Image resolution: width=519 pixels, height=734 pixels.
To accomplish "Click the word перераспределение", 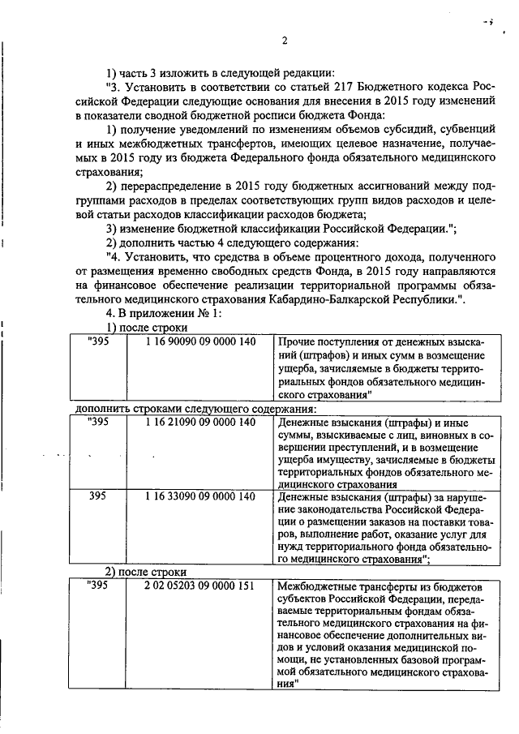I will click(172, 185).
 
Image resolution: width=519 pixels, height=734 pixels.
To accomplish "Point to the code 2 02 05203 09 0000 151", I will click(200, 586).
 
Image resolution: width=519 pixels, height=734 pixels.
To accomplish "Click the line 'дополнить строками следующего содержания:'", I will click(197, 408).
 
